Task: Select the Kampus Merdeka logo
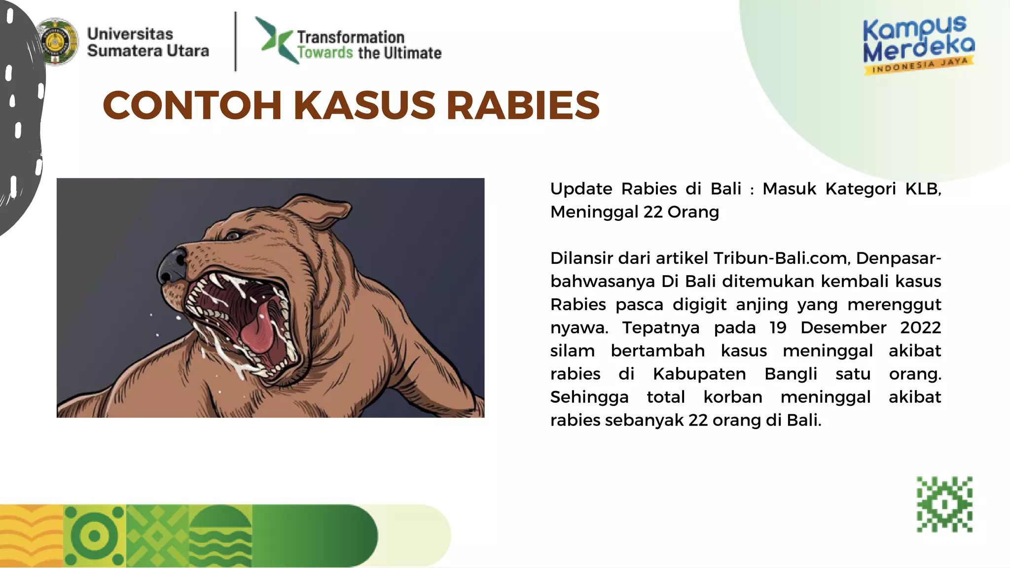(918, 45)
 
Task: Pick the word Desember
(843, 327)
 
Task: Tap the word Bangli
(791, 374)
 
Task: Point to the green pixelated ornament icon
(944, 504)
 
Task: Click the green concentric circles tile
(95, 536)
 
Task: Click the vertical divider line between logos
(236, 41)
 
